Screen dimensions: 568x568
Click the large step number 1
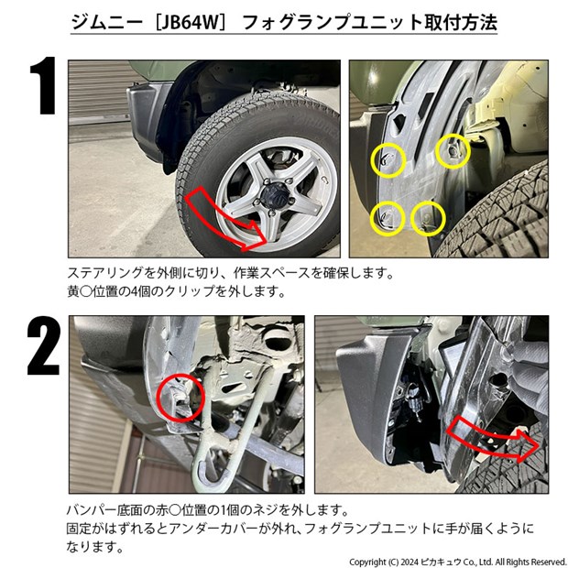44,85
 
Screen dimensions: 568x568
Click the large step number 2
43,345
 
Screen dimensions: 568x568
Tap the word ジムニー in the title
107,23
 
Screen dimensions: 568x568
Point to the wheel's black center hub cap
272,191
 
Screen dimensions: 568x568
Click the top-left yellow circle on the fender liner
388,160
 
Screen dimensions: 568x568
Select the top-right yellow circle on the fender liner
453,151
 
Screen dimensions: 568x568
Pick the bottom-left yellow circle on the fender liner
388,218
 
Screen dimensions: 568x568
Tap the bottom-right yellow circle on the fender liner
428,218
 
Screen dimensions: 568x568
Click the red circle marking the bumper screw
180,399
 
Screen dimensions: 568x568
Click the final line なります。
95,547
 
